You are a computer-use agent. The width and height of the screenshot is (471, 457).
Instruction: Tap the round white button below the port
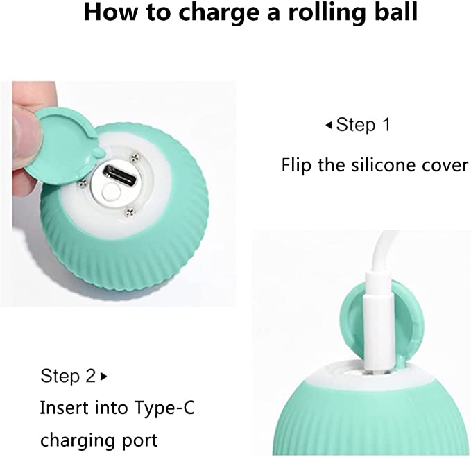110,192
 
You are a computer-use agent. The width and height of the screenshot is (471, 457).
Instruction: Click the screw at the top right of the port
135,157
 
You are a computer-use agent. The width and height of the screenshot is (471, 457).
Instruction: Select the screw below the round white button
130,212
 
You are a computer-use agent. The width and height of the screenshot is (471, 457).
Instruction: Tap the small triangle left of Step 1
329,125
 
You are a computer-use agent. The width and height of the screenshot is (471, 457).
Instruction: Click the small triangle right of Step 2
104,377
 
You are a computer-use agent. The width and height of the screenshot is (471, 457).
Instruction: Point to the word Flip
296,166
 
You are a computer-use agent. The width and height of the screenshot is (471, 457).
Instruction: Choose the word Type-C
164,408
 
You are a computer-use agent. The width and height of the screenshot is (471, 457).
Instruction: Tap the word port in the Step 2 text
139,441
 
